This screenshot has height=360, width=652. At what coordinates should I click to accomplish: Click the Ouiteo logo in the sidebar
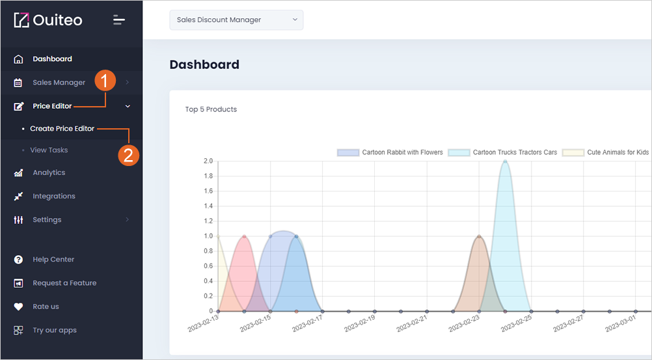point(48,20)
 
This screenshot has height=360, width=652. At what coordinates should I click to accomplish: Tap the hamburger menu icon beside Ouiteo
point(119,20)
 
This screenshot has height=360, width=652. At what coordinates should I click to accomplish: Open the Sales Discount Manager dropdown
point(236,20)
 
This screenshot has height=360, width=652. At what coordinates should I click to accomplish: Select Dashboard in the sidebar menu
point(53,59)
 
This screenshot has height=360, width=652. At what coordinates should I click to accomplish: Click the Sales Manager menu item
point(59,83)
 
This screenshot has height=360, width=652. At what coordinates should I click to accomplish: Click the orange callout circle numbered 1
point(105,80)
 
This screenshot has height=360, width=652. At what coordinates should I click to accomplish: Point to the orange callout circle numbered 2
point(128,155)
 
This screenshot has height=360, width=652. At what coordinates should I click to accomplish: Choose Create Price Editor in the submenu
point(62,129)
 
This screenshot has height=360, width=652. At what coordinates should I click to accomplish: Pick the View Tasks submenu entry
point(49,150)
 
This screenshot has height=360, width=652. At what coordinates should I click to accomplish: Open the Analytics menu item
point(49,173)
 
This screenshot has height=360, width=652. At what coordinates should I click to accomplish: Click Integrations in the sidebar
point(54,196)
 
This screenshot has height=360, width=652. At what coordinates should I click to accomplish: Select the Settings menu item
point(47,220)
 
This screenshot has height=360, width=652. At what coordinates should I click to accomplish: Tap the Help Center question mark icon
point(18,260)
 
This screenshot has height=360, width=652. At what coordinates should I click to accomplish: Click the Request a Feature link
point(64,283)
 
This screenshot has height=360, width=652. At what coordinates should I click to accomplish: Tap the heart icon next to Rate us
point(18,307)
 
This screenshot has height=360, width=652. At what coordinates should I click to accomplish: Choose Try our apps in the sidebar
point(55,330)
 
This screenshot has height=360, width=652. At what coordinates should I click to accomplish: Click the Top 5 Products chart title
point(211,109)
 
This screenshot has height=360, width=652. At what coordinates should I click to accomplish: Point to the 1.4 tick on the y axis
point(208,206)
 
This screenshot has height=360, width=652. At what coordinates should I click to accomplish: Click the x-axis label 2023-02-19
point(360,324)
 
